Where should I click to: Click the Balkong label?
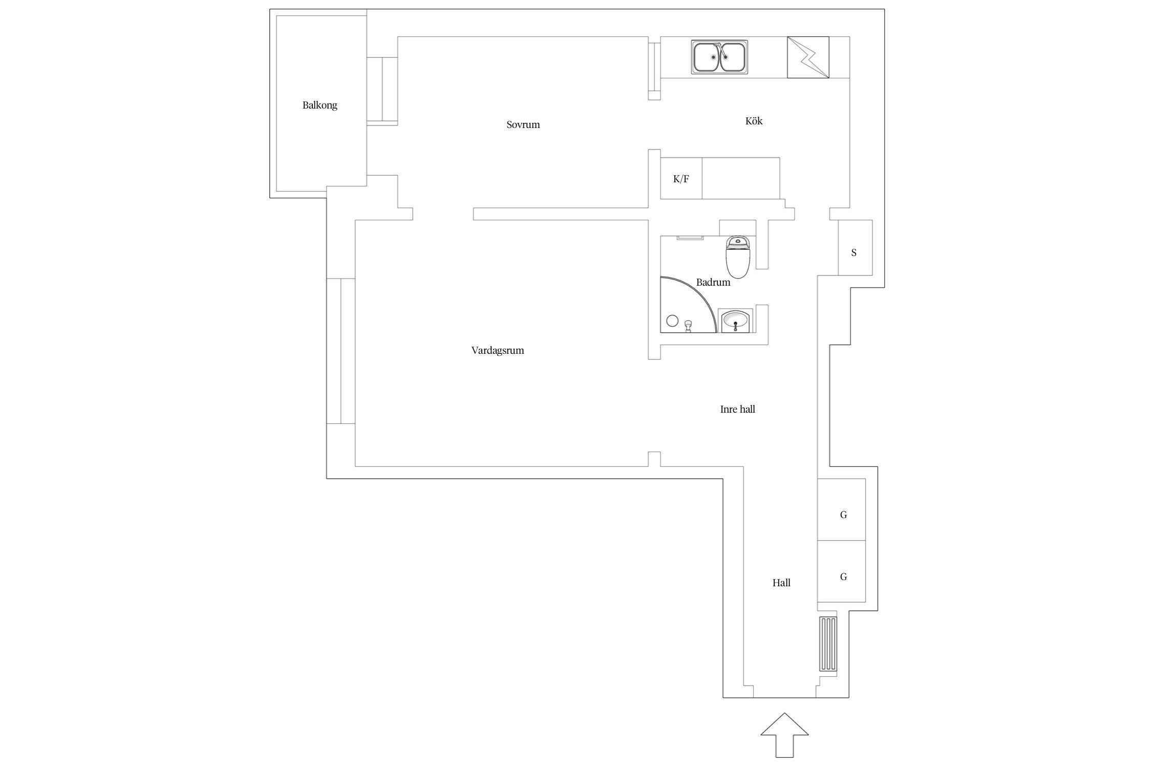click(x=319, y=105)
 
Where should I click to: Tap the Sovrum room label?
click(x=523, y=124)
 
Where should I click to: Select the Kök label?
click(x=754, y=121)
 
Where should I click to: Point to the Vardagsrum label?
click(x=498, y=351)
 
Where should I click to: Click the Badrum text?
click(x=713, y=282)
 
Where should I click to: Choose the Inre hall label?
click(x=737, y=409)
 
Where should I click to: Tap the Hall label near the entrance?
click(x=781, y=583)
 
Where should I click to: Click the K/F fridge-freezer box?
click(x=681, y=178)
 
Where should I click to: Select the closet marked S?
click(x=855, y=248)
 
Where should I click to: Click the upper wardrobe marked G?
click(x=841, y=509)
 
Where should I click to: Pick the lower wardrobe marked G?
click(x=841, y=571)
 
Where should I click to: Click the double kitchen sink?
click(x=719, y=57)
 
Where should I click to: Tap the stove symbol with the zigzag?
click(x=808, y=57)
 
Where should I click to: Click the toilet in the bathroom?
click(x=738, y=257)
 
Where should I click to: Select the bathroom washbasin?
click(x=736, y=321)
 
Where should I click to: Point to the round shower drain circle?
click(x=672, y=321)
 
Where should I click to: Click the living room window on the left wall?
click(x=341, y=351)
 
